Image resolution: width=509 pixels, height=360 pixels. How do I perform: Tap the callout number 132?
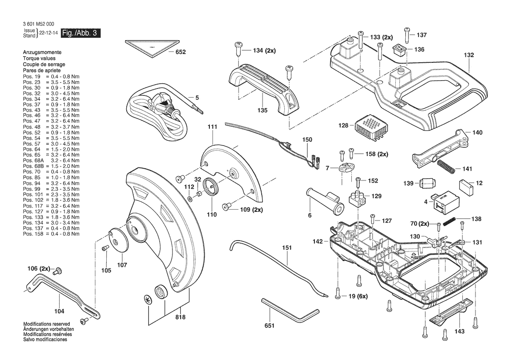coord(469,55)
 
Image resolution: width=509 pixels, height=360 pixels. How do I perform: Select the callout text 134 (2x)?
coord(264,51)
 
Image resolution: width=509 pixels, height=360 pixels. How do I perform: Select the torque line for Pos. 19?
coord(51,76)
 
